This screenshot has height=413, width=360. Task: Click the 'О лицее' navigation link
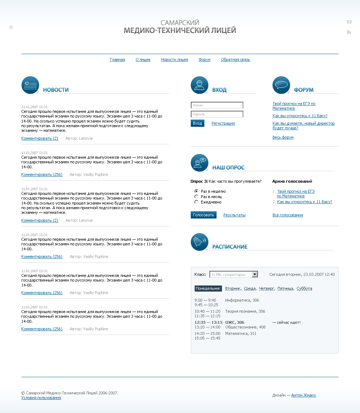coord(143,60)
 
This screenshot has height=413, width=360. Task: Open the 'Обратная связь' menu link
coord(235,60)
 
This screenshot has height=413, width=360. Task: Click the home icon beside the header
coord(11,27)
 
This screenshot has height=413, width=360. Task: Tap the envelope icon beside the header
coord(349,22)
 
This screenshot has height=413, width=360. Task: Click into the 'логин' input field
coord(217,105)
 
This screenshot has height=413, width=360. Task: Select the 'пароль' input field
coord(217,114)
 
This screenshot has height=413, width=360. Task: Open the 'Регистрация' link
coord(223,123)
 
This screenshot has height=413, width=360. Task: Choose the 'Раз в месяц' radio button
coord(196,197)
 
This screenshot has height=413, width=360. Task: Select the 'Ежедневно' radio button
coord(196,202)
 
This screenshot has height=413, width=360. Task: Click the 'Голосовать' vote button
coord(203,215)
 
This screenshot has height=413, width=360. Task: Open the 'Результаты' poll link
coord(234,215)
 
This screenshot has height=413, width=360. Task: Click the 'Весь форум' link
coord(283,137)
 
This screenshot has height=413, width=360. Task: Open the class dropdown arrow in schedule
coord(255,274)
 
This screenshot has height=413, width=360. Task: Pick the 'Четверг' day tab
coord(266,288)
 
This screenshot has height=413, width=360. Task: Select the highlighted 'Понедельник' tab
coord(208,288)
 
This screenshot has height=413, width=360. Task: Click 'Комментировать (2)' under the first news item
coord(39,138)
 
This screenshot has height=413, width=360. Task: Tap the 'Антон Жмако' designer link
coord(303,395)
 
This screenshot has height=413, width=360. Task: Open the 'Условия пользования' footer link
coord(41,398)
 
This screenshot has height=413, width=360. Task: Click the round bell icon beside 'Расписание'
coord(199,242)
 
